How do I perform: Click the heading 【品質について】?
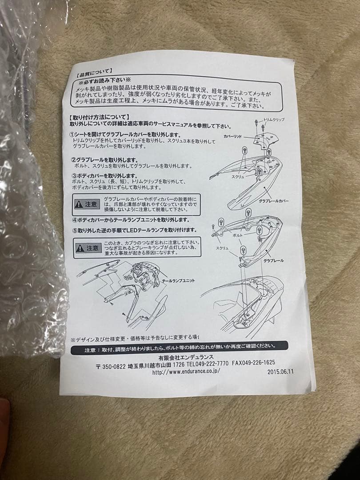[95, 71]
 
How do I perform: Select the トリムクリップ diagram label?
[274, 120]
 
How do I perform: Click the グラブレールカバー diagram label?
[274, 201]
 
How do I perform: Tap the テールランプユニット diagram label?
[178, 281]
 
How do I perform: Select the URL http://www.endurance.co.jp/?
[186, 372]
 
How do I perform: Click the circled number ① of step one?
[72, 135]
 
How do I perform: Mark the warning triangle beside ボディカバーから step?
[79, 204]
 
